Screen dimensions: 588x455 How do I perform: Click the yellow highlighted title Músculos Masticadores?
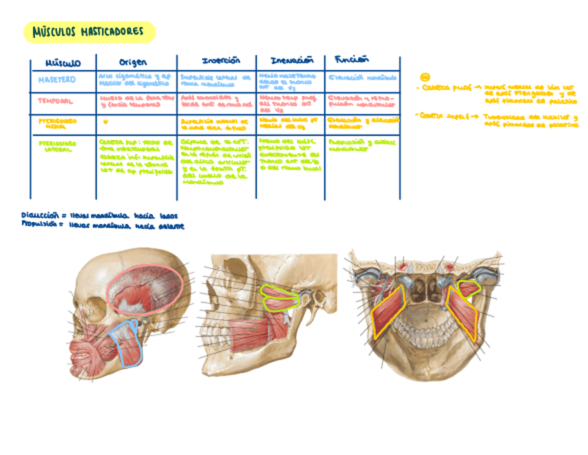click(x=88, y=32)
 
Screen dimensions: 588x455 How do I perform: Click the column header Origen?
click(x=133, y=62)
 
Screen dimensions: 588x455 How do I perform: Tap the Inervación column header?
click(x=288, y=60)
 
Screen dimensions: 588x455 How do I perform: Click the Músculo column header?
click(x=63, y=63)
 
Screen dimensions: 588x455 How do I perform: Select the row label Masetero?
click(x=58, y=79)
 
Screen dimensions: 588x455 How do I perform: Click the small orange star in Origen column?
click(x=105, y=121)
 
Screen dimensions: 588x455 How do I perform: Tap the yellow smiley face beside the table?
click(x=425, y=76)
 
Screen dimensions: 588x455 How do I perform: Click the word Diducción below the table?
click(x=39, y=215)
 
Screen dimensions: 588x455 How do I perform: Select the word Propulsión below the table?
click(x=39, y=224)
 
